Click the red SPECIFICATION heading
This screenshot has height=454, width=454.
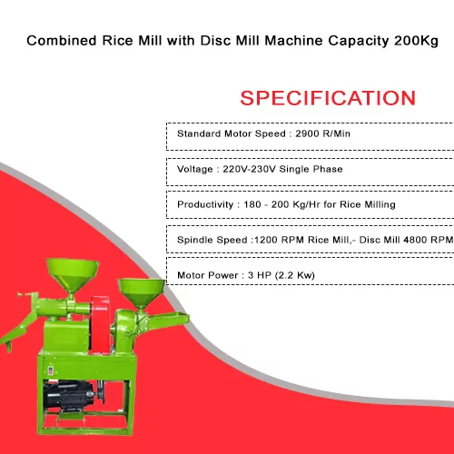[328, 98]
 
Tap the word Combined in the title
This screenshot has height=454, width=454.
[62, 41]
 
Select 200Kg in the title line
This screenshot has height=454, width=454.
[416, 41]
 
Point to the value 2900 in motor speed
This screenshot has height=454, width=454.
[307, 133]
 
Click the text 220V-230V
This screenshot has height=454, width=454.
[249, 169]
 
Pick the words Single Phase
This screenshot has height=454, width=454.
[311, 169]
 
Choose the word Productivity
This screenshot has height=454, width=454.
[205, 204]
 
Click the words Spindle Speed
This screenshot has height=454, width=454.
[212, 240]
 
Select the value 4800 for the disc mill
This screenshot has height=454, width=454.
[416, 240]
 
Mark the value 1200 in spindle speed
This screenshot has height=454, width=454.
[266, 240]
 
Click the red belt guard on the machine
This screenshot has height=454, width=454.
[100, 324]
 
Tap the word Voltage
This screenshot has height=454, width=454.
[195, 169]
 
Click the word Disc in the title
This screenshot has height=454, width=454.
[214, 41]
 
